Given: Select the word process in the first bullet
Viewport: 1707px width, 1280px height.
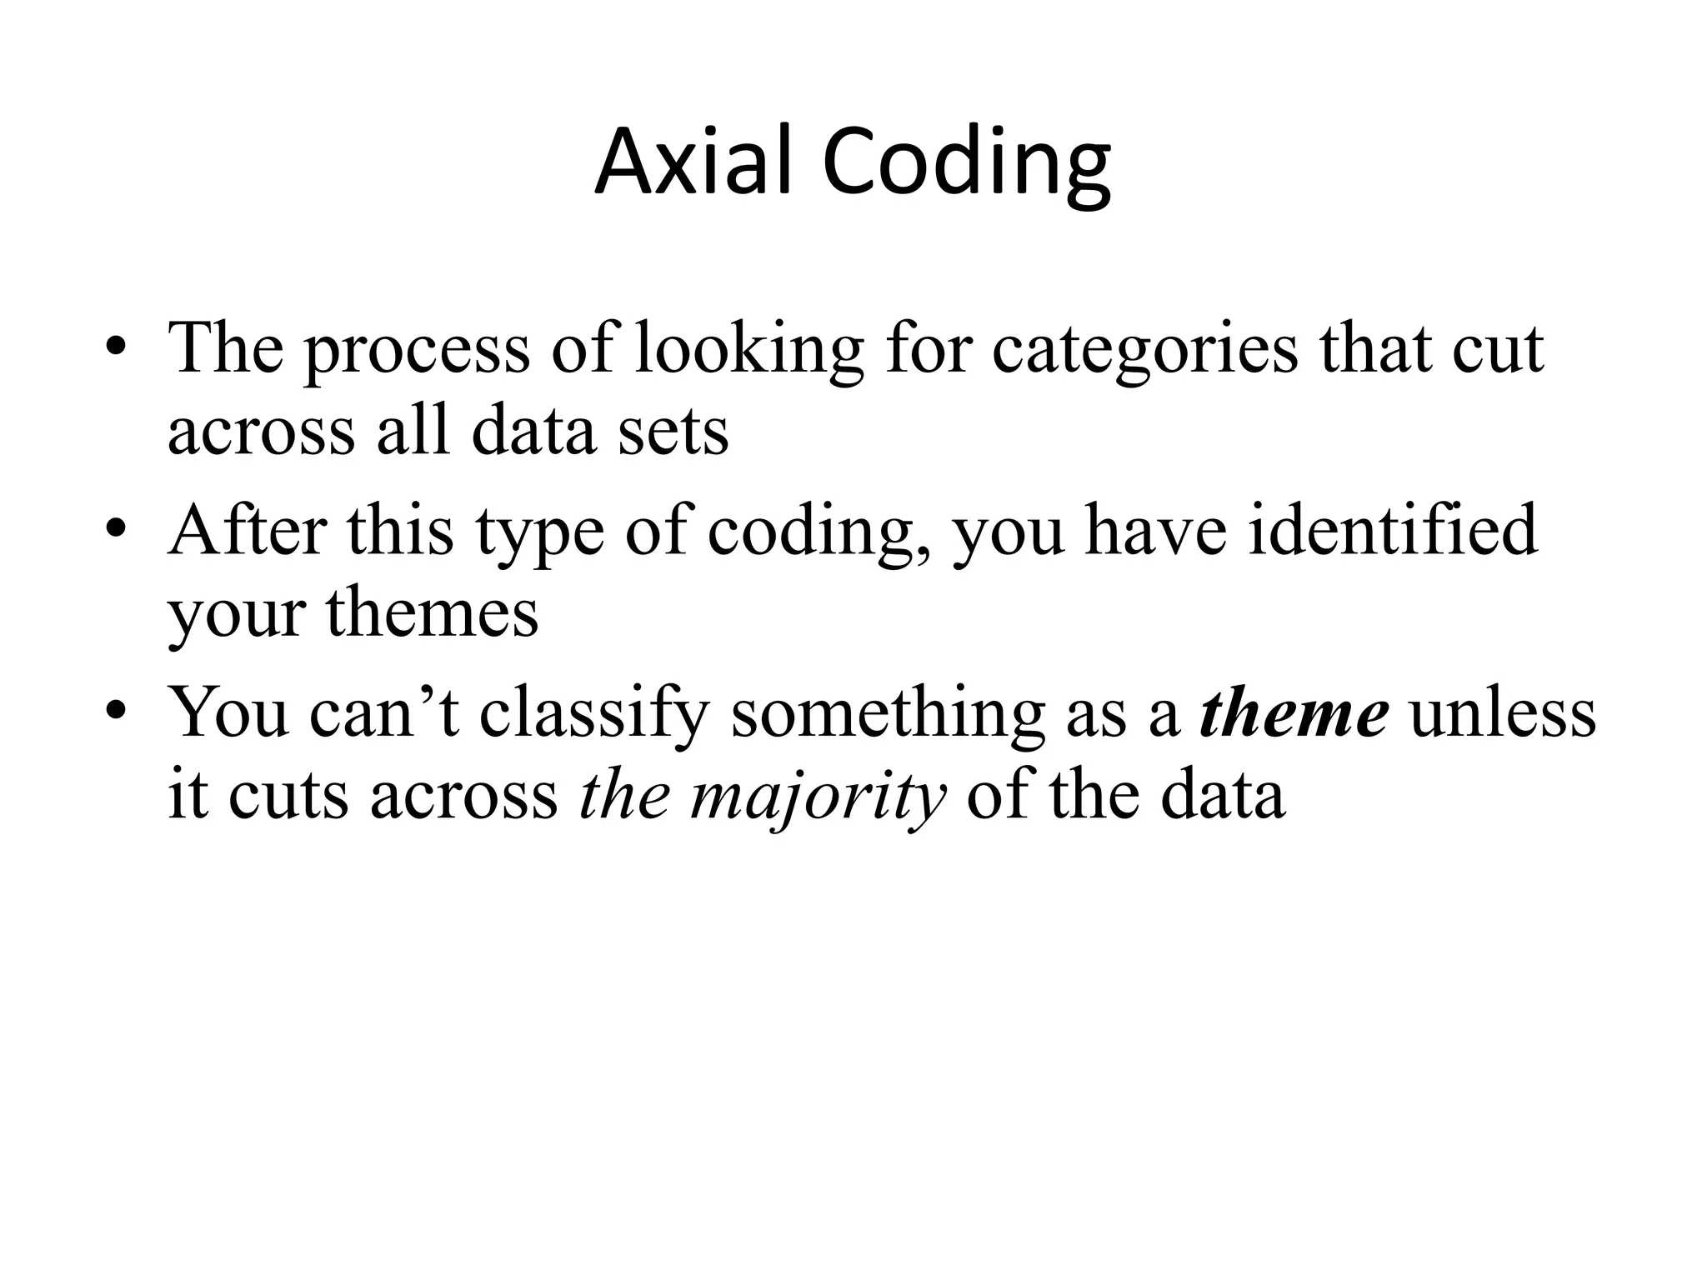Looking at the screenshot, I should pos(416,350).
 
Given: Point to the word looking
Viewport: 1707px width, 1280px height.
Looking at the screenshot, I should pos(748,350).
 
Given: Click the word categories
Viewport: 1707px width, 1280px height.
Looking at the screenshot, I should pos(1144,350).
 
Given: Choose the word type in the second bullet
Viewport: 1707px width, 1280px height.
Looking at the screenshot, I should pos(539,533).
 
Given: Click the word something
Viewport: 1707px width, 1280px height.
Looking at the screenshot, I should pos(888,713).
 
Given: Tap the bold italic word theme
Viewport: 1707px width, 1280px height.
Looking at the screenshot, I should pos(1294,713).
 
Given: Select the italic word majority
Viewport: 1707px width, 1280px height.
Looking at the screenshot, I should pos(818,797).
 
